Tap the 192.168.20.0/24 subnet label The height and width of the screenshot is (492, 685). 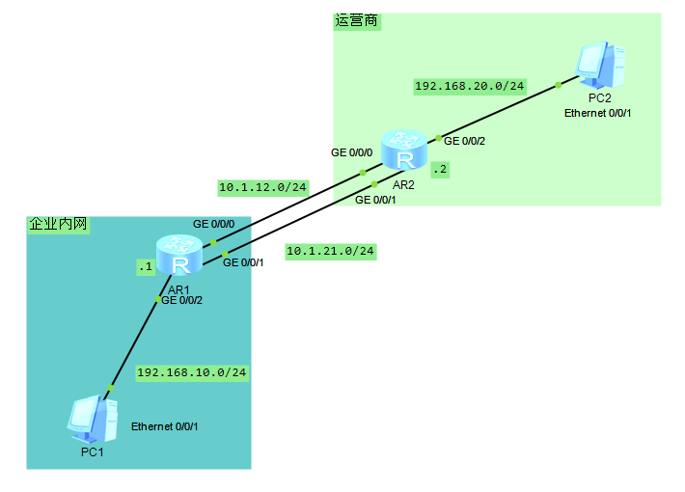click(470, 86)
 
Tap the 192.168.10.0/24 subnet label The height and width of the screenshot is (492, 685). click(192, 371)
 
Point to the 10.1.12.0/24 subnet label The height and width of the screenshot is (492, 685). click(262, 187)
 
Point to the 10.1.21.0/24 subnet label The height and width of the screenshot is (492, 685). click(330, 251)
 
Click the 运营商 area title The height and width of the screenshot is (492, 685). click(356, 21)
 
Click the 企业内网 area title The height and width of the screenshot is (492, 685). click(58, 224)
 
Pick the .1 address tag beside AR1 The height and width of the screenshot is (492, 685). click(146, 266)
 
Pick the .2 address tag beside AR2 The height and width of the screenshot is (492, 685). click(440, 169)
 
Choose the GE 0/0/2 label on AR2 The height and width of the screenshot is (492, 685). click(464, 142)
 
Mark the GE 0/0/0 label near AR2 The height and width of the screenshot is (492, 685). click(351, 152)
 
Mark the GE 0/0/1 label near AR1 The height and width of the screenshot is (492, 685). click(243, 262)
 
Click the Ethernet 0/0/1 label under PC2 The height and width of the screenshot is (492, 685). click(598, 114)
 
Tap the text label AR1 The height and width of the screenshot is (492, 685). click(179, 288)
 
